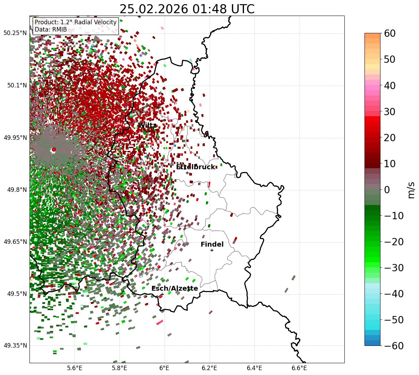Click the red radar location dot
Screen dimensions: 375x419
coord(54,150)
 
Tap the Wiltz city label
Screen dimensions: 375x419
coord(147,125)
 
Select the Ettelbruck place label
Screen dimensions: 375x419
coord(195,167)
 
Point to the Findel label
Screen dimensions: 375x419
coord(212,245)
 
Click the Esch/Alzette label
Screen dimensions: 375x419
coord(175,288)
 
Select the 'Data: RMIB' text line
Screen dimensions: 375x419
coord(51,29)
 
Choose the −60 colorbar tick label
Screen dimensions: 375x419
coord(394,346)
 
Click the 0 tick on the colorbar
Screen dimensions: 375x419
coord(387,190)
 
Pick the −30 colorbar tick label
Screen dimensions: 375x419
coord(394,268)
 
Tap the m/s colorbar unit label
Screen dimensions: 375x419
coord(411,190)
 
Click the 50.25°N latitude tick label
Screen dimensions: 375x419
coord(15,33)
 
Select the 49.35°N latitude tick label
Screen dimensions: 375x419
coord(15,346)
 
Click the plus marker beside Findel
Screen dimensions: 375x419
coord(212,250)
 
